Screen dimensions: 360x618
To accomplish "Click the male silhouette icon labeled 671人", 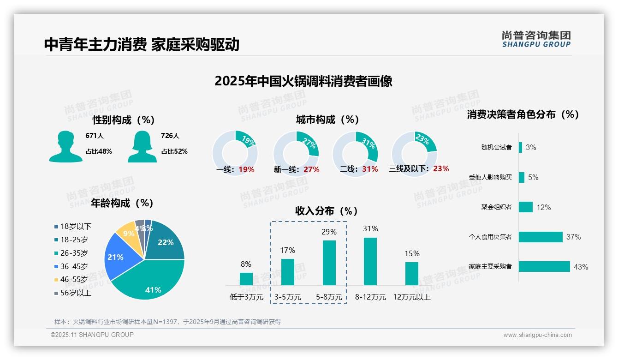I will pos(65,146).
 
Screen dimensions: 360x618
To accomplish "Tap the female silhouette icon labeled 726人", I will pos(142,146).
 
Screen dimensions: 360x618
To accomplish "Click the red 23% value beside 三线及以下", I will pos(441,169).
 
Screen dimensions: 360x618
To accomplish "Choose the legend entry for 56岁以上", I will pos(73,293).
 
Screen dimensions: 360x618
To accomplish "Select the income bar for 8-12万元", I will pos(370,261).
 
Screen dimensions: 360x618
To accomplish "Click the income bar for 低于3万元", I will pos(246,279).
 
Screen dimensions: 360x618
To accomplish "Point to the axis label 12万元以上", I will pos(411,297).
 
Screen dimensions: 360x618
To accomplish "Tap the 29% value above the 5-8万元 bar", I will pos(329,232).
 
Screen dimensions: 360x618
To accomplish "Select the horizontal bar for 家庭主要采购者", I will pos(544,267).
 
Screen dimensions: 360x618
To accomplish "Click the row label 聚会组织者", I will pos(496,207).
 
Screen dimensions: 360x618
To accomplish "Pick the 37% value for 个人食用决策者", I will pos(573,237).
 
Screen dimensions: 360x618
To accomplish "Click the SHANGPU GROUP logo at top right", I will pos(536,39).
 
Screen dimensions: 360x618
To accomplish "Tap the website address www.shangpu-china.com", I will pos(537,335).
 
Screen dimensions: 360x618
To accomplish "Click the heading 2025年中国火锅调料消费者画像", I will pos(303,81).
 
